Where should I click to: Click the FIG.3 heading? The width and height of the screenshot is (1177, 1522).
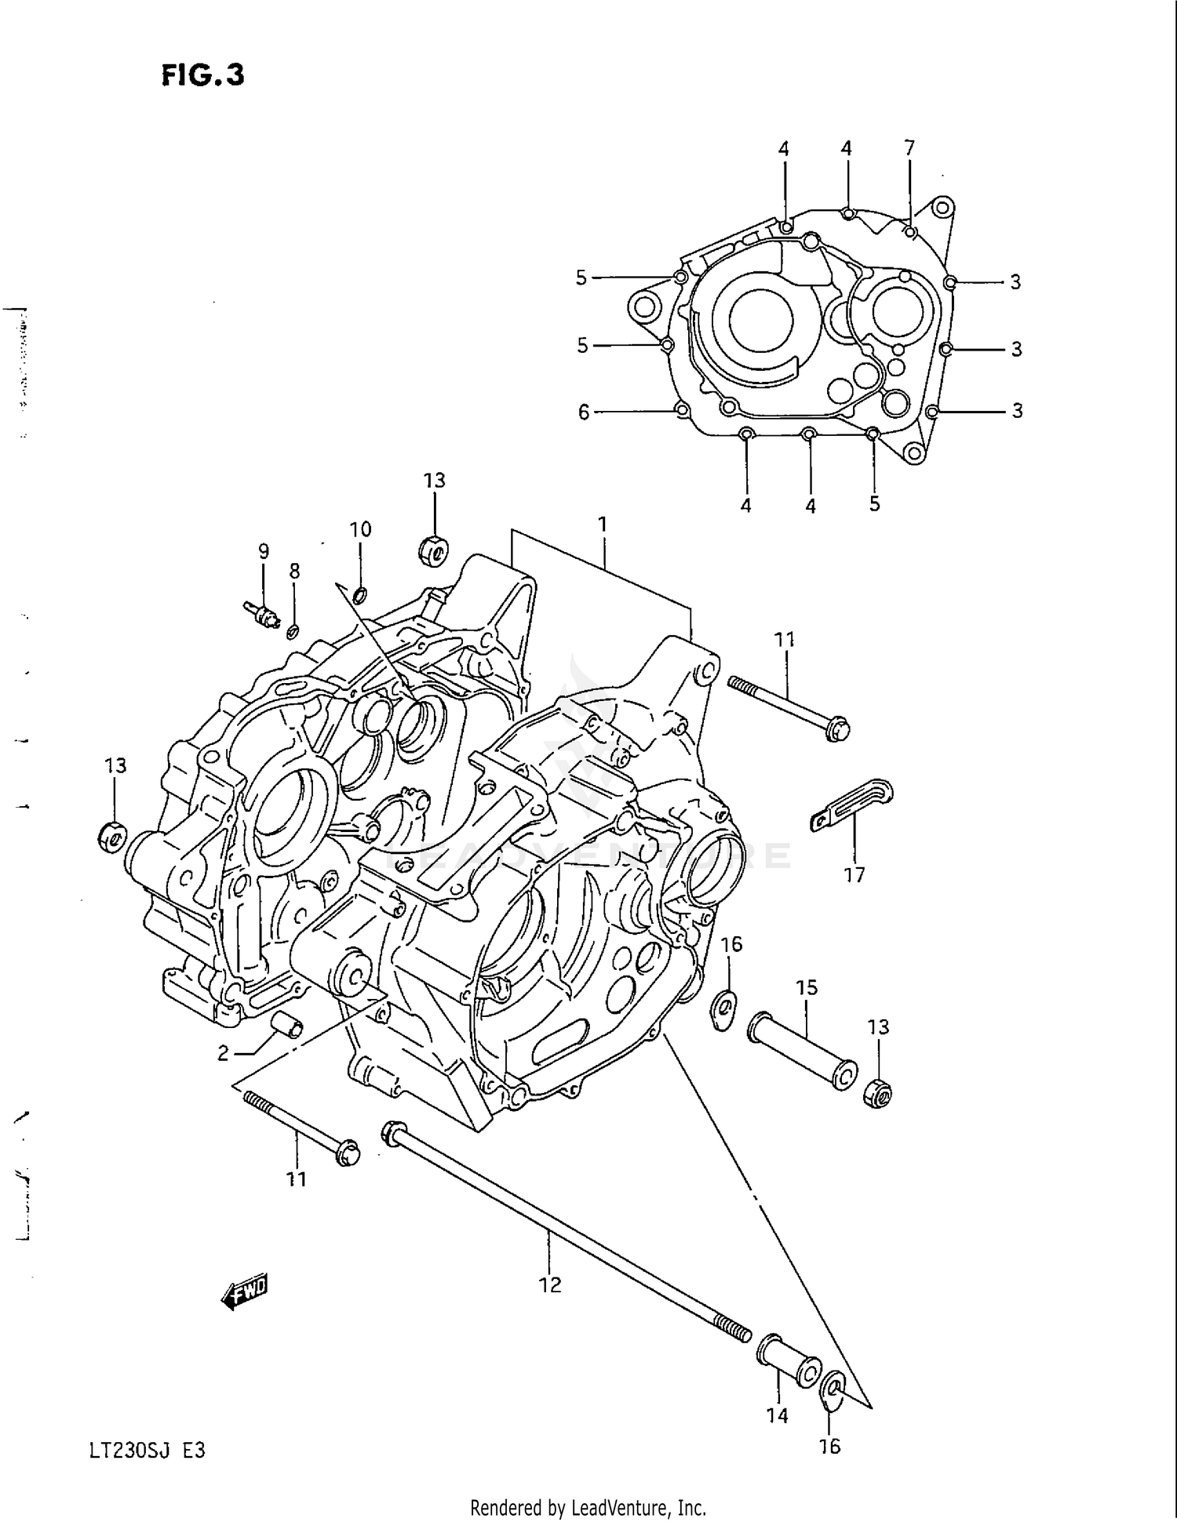coord(202,74)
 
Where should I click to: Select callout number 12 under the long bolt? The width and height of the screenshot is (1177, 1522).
coord(550,1284)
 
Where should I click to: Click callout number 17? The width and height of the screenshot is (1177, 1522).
coord(855,874)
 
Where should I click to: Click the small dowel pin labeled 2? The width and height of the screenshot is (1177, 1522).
coord(286,1025)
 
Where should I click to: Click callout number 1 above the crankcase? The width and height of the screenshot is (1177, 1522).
coord(603,524)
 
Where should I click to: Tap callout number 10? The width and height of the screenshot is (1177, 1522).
coord(360,529)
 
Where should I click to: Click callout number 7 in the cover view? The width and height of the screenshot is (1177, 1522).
coord(909,147)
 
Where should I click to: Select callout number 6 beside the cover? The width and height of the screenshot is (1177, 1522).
coord(583,412)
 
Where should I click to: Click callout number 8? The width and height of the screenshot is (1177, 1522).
coord(294,571)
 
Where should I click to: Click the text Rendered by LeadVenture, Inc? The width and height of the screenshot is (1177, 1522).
coord(588,1507)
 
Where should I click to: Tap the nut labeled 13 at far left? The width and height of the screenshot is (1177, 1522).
coord(111,837)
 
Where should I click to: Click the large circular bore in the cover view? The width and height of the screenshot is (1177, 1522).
coord(760,321)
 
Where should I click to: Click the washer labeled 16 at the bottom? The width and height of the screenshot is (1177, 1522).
coord(832,1391)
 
